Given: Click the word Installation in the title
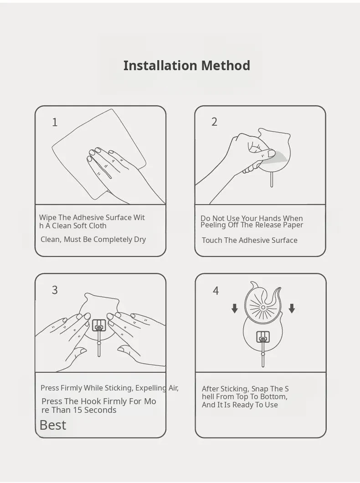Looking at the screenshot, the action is coord(160,66).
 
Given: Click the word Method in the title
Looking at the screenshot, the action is coord(226,66).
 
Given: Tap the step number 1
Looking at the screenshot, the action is coord(55,122).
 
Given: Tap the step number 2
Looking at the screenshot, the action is coord(214,122).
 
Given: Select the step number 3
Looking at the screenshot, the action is coord(55,290).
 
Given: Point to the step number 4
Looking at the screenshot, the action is coord(216,290).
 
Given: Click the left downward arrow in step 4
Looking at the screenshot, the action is coord(235,308).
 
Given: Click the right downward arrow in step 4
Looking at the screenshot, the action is coord(292,308).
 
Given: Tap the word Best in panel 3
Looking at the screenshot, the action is coord(53,425).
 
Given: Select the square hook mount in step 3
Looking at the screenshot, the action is coord(99,325).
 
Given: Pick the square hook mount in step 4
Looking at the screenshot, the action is coord(263,337).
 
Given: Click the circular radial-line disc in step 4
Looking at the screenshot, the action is coord(263,308).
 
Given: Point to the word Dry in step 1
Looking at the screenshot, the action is coord(140,240).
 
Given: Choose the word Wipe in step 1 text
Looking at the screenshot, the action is coord(48,217).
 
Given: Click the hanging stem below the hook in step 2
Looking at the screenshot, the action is coord(271,179).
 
